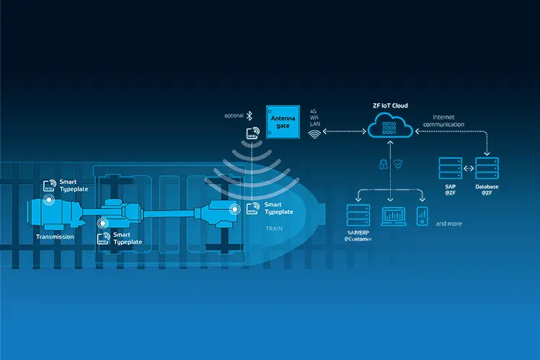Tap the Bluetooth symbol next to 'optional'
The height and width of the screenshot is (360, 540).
click(249, 115)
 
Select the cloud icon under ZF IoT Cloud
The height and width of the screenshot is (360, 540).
click(389, 128)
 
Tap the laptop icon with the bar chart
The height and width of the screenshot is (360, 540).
click(393, 215)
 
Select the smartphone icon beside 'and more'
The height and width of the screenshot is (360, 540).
click(423, 215)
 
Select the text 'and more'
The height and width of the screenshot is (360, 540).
click(448, 224)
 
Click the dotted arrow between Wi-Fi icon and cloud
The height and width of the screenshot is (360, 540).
click(345, 131)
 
